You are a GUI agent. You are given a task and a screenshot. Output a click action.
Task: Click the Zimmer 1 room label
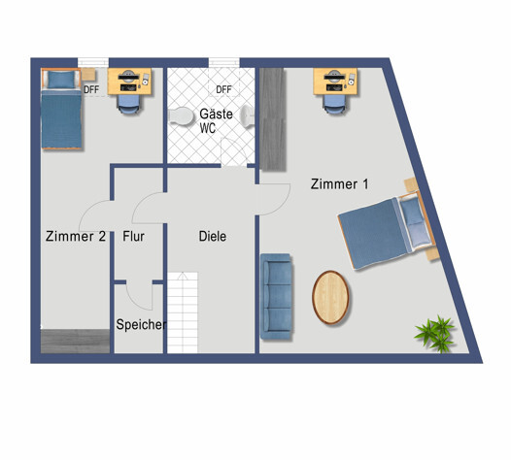coord(340,183)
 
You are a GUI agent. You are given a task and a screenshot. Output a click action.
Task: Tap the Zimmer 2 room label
coord(75,236)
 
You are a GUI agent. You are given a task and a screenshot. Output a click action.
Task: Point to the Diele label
coord(212,236)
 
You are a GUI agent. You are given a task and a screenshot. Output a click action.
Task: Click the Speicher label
coord(141,325)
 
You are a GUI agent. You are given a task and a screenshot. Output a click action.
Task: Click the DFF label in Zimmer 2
coord(91,89)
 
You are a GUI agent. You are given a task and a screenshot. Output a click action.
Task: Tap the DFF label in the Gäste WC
coord(223,89)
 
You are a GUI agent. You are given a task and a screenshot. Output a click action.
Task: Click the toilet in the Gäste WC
coord(181,117)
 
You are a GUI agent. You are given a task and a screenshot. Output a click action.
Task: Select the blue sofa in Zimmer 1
coord(276,296)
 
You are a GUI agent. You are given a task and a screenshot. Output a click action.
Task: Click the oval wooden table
coord(331,297)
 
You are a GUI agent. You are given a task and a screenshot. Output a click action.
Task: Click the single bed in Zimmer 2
coord(60,109)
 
